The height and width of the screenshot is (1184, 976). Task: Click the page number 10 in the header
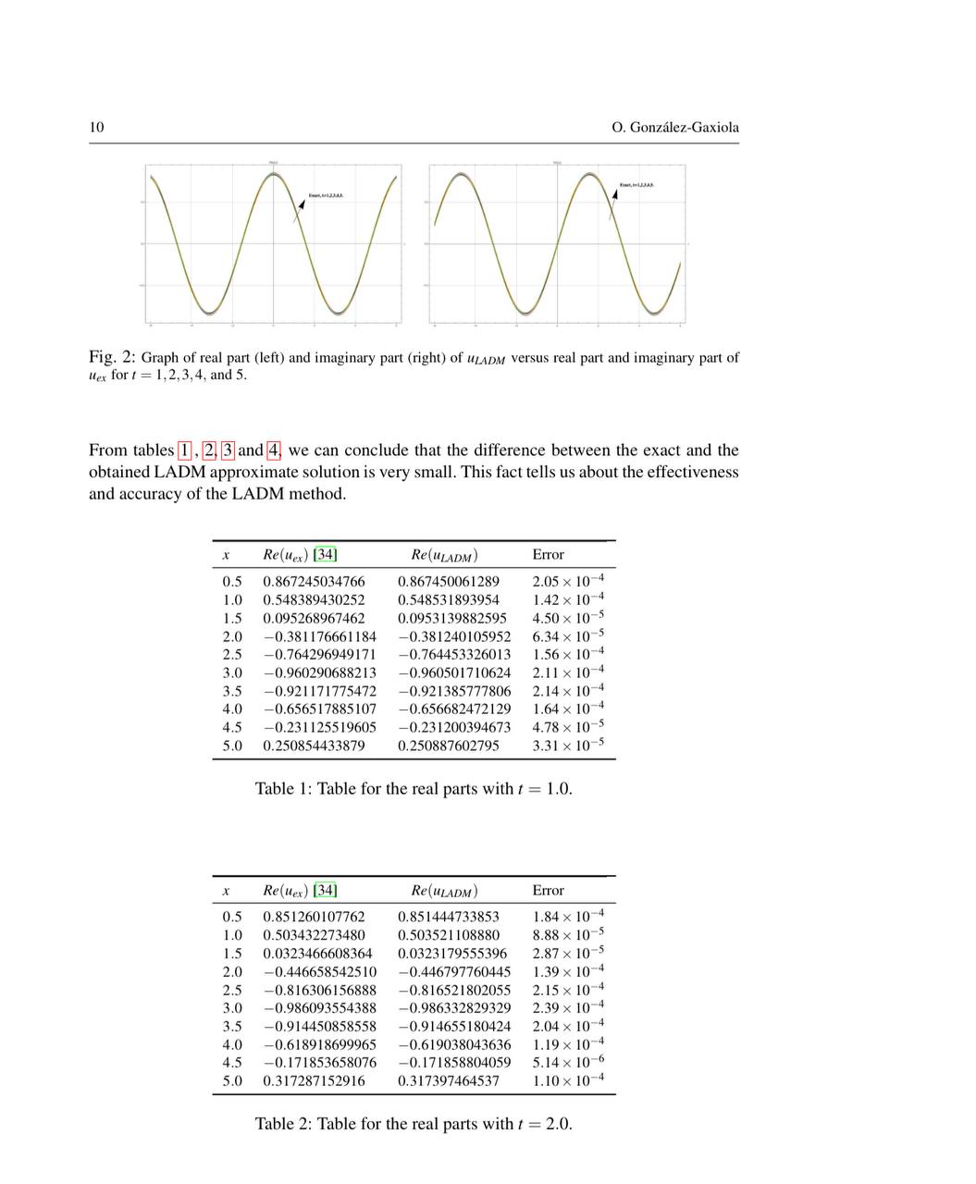pos(96,128)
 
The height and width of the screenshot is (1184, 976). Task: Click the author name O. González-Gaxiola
pos(675,128)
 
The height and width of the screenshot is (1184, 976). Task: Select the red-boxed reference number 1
pos(185,450)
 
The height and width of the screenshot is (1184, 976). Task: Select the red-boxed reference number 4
pos(273,450)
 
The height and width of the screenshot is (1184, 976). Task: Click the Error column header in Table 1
pos(548,555)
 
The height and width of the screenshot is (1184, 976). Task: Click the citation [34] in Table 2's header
pos(325,891)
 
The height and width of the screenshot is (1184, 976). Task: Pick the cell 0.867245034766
pos(314,582)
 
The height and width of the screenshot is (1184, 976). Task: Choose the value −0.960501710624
pos(454,672)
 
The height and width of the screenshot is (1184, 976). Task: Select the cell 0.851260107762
pos(314,917)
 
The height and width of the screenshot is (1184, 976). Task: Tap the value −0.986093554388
pos(319,1008)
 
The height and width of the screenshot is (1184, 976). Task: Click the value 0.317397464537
pos(449,1080)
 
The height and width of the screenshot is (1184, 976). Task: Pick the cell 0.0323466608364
pos(317,954)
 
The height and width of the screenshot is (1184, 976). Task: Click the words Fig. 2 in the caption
pos(112,357)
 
